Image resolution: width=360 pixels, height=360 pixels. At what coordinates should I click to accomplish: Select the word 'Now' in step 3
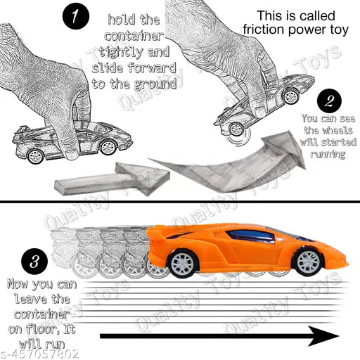(17, 285)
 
